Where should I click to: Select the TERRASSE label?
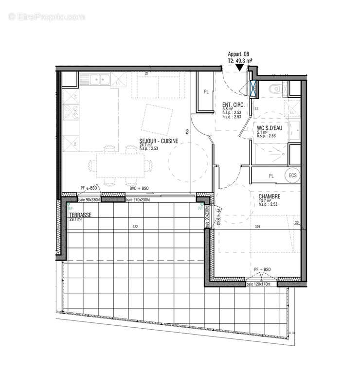[x=80, y=214]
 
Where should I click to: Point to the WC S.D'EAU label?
[x=270, y=128]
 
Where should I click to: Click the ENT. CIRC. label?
[x=233, y=105]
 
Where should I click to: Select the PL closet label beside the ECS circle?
[x=271, y=176]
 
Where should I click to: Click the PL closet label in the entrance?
[x=206, y=91]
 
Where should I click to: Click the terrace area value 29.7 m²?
[x=75, y=219]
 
